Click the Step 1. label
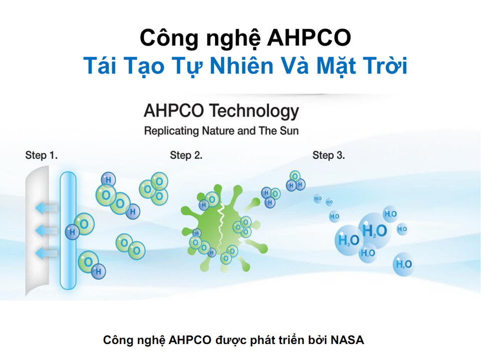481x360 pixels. point(42,155)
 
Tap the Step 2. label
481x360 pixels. point(186,155)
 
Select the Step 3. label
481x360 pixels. point(329,155)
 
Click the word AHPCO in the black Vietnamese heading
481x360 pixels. point(309,38)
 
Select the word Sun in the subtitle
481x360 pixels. point(289,131)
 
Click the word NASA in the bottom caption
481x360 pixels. point(347,340)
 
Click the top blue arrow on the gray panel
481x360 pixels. point(46,208)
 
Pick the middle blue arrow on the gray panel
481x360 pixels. point(46,230)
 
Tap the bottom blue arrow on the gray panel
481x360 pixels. point(46,253)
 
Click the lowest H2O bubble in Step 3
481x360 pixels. point(403,264)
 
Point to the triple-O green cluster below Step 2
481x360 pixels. point(154,189)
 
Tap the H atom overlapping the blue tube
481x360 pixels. point(72,232)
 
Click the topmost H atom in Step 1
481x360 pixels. point(108,180)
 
